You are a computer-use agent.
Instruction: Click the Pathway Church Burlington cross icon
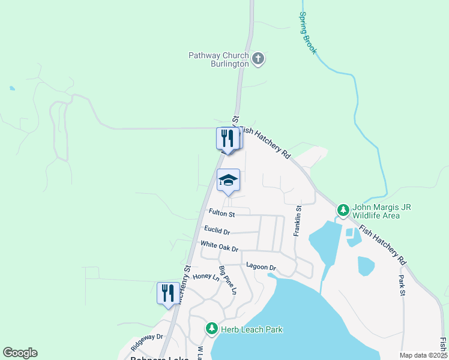pos(258,59)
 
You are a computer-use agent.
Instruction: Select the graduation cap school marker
pos(228,180)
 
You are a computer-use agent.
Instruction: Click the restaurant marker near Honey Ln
pos(168,293)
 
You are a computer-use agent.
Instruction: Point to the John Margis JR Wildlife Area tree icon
pos(343,210)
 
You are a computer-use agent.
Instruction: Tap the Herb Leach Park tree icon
pos(211,329)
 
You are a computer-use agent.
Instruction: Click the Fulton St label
pos(221,213)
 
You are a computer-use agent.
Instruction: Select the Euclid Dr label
pos(217,230)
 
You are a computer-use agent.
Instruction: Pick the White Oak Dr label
pos(219,246)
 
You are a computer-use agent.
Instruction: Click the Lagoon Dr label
pos(261,266)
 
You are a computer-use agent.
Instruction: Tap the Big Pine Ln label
pos(228,280)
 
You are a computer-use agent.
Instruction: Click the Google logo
pos(20,353)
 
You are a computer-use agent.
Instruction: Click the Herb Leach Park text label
pos(251,329)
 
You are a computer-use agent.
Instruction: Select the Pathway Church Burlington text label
pos(218,59)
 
